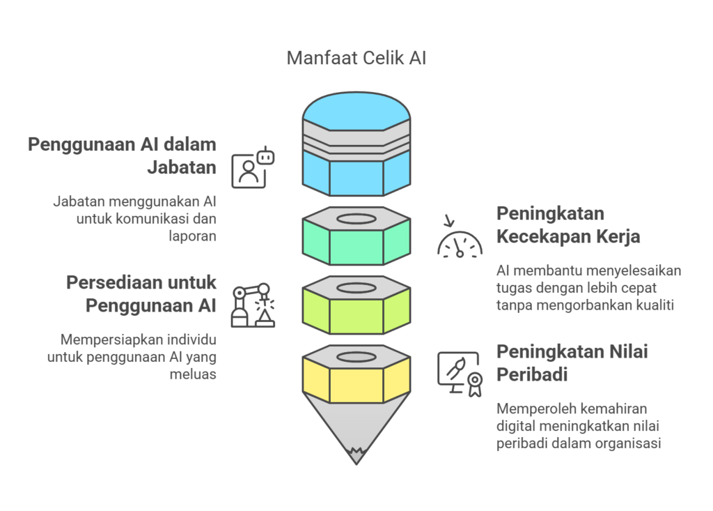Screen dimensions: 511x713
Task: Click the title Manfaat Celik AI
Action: point(356,58)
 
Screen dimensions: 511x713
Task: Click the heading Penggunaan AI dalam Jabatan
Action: point(123,155)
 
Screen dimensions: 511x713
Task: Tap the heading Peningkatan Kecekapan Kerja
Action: point(567,224)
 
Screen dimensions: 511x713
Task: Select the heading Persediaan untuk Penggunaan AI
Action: point(141,293)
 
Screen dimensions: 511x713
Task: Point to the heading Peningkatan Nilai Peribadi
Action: point(572,363)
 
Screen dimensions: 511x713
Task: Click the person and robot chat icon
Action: point(252,167)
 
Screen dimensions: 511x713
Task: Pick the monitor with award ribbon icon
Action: point(460,374)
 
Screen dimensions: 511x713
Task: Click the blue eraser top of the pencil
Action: point(356,112)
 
